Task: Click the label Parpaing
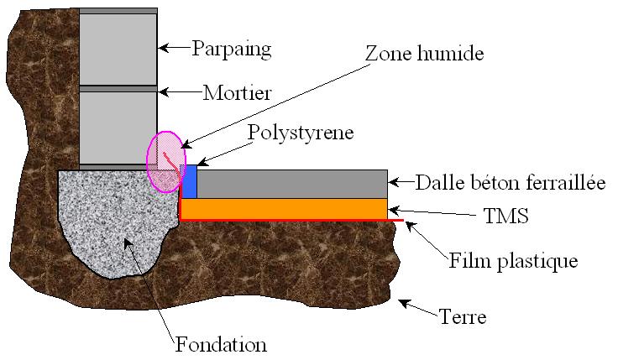point(232,49)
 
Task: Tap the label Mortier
point(238,92)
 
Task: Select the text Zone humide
point(425,53)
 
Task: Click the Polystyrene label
point(301,133)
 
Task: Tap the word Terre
point(463,317)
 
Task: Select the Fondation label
point(221,344)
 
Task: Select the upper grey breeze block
point(118,49)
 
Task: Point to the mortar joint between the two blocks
point(118,88)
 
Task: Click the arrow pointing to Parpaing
point(174,49)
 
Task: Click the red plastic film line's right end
point(401,221)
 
